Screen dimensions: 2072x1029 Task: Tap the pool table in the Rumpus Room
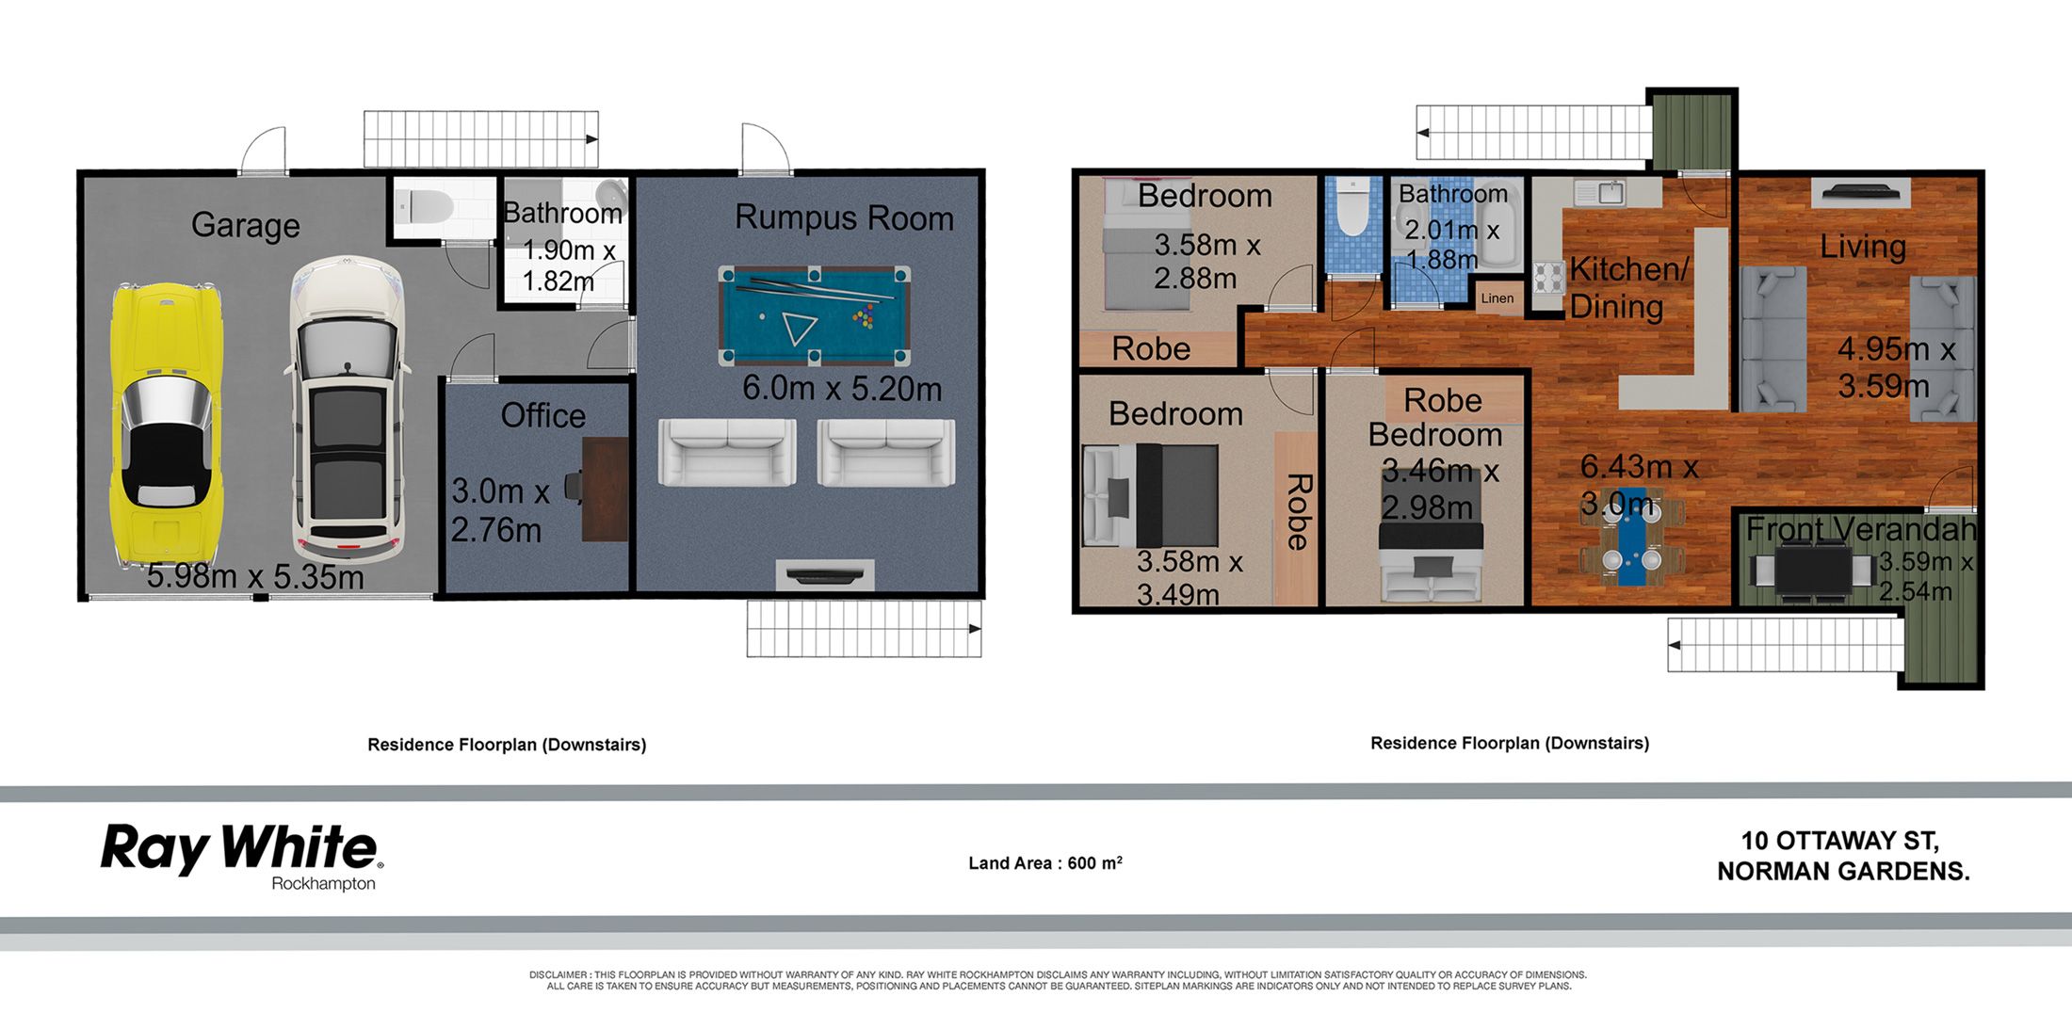814,315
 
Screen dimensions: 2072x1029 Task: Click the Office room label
543,415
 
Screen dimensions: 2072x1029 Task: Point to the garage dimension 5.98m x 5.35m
255,576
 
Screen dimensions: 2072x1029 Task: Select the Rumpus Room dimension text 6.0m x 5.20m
841,388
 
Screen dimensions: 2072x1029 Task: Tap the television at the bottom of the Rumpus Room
824,574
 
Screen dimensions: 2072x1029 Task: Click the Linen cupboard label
1497,298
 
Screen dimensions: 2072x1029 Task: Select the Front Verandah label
1861,529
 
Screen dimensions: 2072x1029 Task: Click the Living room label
1862,247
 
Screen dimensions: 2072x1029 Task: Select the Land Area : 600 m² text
1044,862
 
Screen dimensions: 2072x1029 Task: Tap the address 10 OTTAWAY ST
1839,840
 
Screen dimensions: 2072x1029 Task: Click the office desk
606,489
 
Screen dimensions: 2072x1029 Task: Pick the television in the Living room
1860,193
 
